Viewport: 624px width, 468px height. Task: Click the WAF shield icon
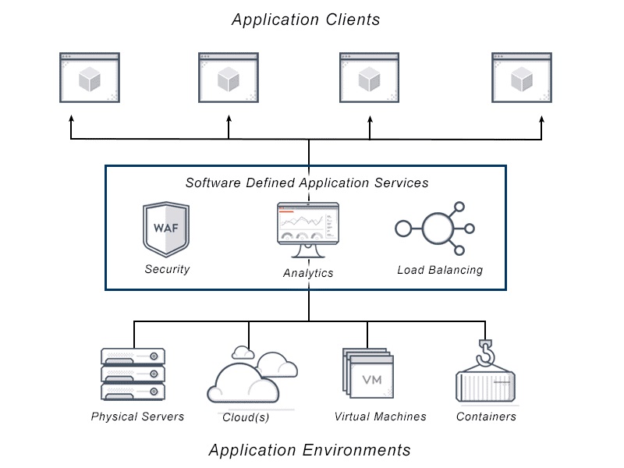(166, 229)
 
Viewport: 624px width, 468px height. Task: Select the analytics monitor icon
(308, 230)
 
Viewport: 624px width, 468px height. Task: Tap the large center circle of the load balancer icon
(438, 229)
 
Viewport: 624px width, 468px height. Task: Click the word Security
(167, 269)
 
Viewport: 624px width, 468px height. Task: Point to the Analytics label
(308, 273)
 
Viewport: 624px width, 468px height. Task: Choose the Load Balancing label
(440, 270)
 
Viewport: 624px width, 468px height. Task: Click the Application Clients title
(306, 20)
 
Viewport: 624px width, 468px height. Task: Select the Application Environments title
(310, 450)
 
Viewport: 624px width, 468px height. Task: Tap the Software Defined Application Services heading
(307, 183)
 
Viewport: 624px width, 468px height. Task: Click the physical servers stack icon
(133, 374)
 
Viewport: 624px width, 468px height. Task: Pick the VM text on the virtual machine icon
(372, 380)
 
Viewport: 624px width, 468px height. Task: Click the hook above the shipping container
(485, 353)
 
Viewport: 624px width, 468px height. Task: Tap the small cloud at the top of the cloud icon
(243, 353)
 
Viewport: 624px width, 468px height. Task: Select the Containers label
(486, 417)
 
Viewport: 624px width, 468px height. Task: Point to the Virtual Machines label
(380, 417)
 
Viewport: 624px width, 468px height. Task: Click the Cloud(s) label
(246, 417)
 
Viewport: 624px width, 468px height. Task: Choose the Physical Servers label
(137, 417)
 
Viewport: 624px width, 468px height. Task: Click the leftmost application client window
(90, 77)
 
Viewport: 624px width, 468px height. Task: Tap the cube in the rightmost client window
(522, 79)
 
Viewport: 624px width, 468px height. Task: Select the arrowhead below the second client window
(229, 119)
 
